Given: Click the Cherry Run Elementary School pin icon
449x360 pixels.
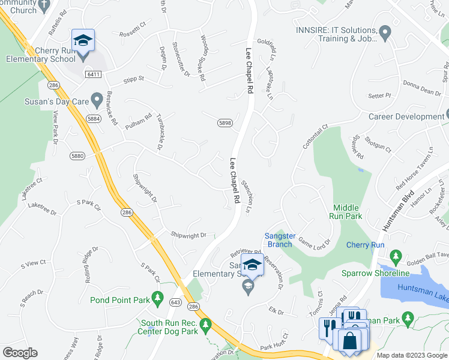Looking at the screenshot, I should tap(83, 41).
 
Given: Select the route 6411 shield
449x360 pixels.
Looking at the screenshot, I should tap(92, 74).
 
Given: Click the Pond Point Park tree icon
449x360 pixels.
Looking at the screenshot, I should tap(157, 297).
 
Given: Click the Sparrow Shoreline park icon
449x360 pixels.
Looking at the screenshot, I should tap(396, 257).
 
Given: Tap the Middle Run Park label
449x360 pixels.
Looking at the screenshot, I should tap(346, 211).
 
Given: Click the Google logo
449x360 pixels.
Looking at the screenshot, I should tap(19, 352).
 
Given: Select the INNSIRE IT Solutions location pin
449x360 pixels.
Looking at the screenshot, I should tap(385, 31).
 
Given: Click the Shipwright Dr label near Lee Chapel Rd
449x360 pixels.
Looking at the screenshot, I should tap(188, 235).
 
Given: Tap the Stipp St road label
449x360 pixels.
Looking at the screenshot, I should tap(133, 79).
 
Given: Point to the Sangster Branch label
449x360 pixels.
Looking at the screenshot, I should tap(280, 240).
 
